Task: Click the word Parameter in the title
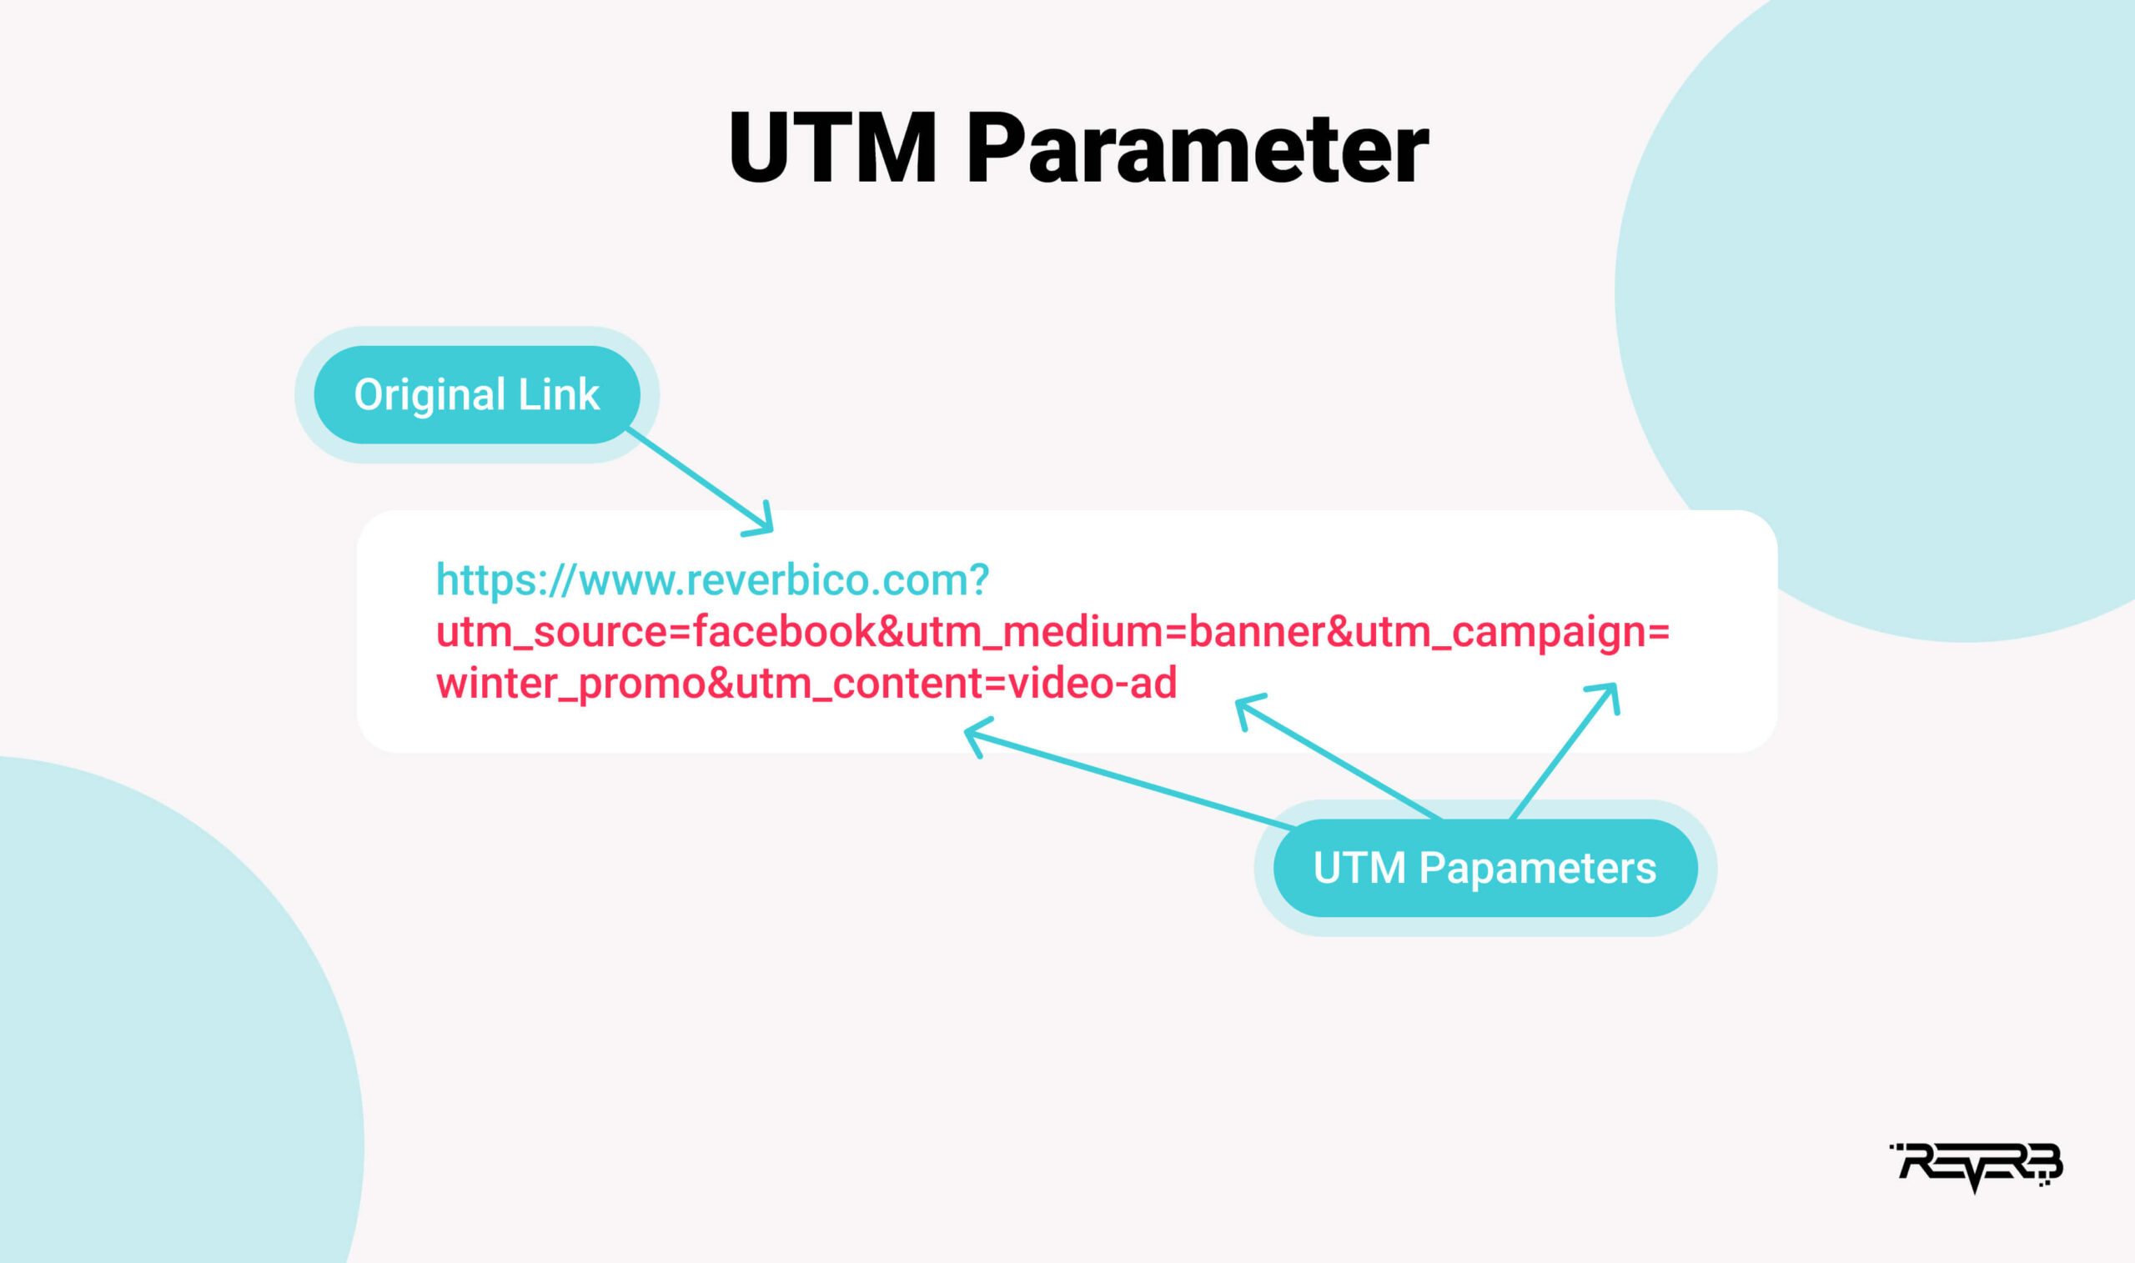(x=1197, y=148)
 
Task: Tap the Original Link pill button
(x=477, y=394)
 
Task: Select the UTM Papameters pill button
(x=1484, y=868)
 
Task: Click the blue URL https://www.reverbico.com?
(x=711, y=580)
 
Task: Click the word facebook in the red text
(x=784, y=633)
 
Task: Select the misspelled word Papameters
(x=1536, y=868)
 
